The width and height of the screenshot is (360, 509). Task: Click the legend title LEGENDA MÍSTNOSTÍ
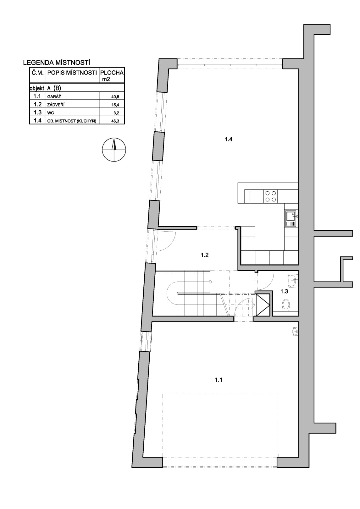[x=57, y=62]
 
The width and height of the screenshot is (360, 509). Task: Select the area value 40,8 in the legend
[x=115, y=97]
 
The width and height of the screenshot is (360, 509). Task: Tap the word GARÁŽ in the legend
[x=54, y=96]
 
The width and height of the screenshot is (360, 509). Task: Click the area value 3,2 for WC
[x=116, y=113]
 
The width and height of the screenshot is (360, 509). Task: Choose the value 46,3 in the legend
[x=115, y=121]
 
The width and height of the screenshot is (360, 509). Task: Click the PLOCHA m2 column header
[x=112, y=75]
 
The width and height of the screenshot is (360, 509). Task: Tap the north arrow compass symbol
[x=114, y=150]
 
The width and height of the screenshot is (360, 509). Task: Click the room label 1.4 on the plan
[x=229, y=139]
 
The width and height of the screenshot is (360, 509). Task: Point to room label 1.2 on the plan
[x=205, y=255]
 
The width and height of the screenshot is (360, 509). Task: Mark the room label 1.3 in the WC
[x=284, y=291]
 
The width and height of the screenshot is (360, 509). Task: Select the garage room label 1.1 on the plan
[x=219, y=380]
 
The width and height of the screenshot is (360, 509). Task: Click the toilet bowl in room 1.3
[x=286, y=305]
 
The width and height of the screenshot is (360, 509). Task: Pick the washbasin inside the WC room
[x=293, y=280]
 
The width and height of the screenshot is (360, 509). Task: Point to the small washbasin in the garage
[x=295, y=331]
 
